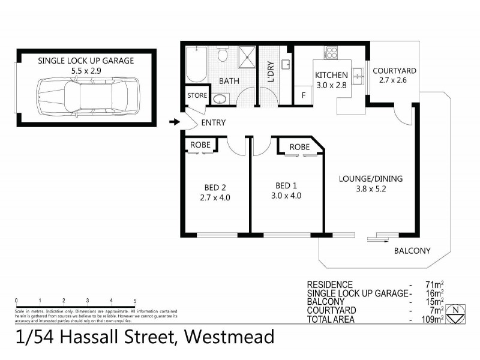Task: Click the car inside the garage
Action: (x=86, y=95)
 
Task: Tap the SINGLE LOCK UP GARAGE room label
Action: (x=86, y=61)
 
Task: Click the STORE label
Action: (x=197, y=95)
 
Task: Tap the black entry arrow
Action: (x=175, y=123)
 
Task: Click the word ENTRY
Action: (x=213, y=123)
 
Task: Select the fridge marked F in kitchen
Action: (x=303, y=95)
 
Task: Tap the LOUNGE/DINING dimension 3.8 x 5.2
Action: (x=370, y=189)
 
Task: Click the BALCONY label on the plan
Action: (x=412, y=251)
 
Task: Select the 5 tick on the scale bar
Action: (x=135, y=301)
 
